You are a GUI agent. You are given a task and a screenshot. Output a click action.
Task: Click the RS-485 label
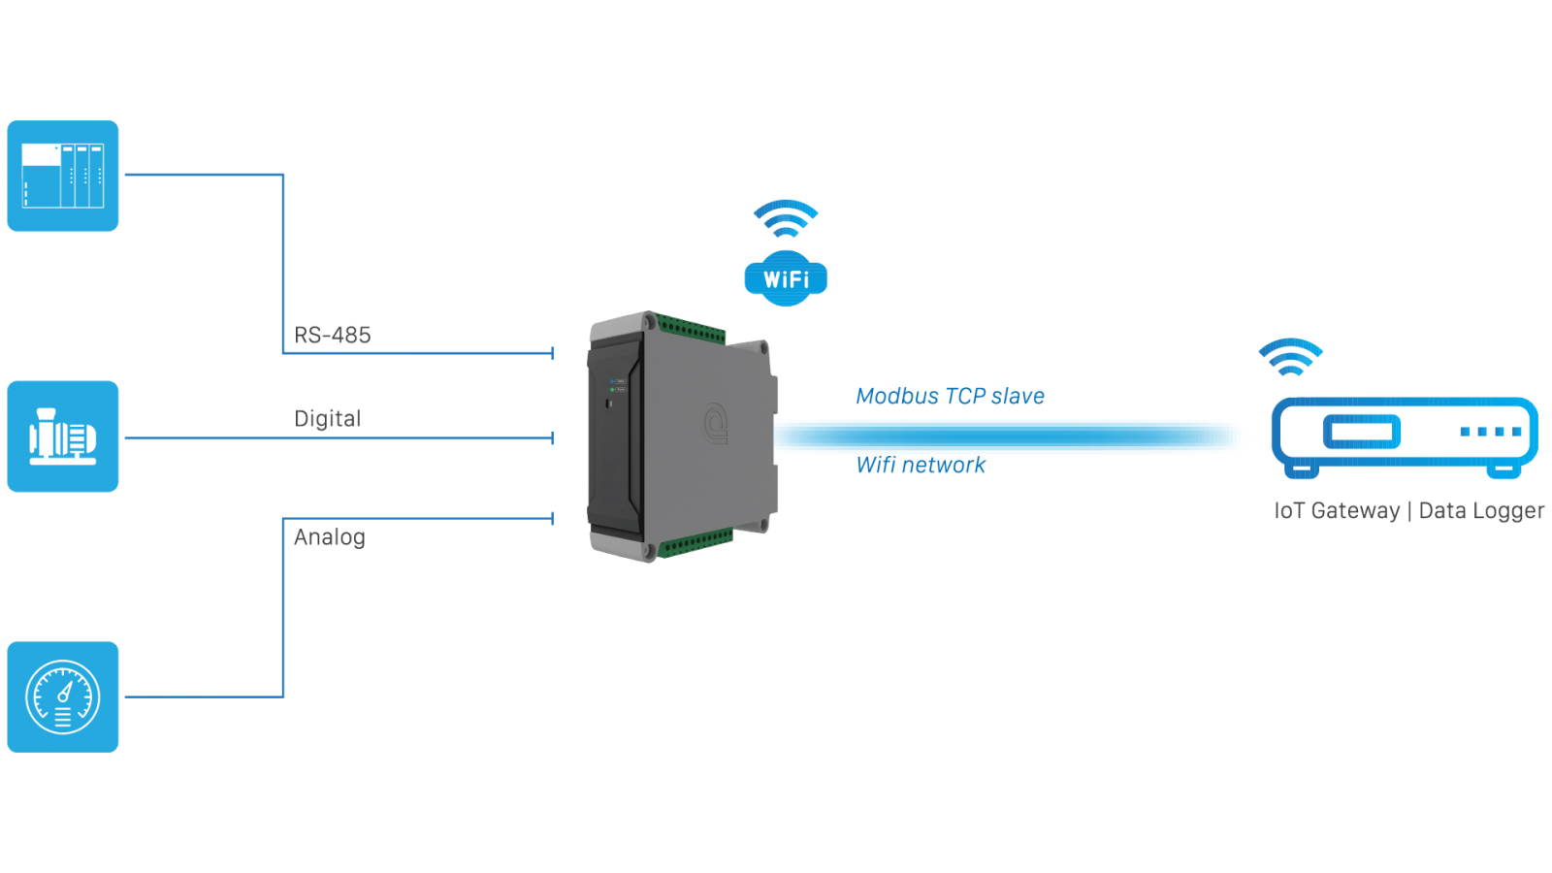[333, 335]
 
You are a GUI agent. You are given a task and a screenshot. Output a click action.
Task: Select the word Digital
[328, 418]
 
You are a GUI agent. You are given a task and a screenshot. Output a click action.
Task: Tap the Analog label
[330, 537]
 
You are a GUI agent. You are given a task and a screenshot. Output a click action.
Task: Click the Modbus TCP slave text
[950, 396]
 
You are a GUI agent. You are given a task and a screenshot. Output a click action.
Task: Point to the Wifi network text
[921, 466]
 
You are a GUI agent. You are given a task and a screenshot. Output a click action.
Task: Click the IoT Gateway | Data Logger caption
[1408, 511]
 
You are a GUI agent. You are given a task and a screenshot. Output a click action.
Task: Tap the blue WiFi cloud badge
[786, 279]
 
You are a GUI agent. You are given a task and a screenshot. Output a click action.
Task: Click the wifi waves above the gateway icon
[1290, 357]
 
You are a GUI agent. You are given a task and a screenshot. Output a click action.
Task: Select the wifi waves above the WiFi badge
[786, 218]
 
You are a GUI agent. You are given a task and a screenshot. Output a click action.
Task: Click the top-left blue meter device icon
[63, 177]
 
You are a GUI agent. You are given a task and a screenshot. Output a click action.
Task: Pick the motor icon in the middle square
[63, 436]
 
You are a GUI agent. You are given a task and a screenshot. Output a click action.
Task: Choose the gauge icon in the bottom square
[63, 696]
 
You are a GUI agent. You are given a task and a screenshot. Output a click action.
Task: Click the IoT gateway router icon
[1404, 435]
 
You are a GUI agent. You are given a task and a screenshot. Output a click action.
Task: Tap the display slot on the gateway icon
[1362, 432]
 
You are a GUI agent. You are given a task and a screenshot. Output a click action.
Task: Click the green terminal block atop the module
[691, 330]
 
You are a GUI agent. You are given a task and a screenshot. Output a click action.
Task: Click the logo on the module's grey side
[716, 424]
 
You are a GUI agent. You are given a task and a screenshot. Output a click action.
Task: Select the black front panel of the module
[613, 436]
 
